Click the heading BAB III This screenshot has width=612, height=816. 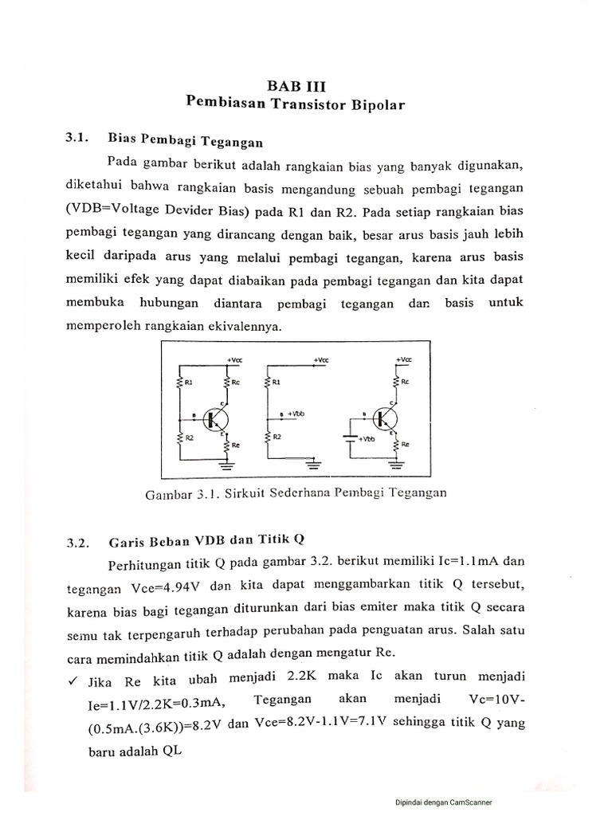[296, 85]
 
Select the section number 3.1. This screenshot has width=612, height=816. [76, 138]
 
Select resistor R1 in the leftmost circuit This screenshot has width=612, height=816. [181, 383]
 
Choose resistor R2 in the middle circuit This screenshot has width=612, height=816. [269, 439]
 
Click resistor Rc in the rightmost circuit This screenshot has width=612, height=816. [397, 382]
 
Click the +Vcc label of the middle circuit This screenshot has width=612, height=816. [320, 360]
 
